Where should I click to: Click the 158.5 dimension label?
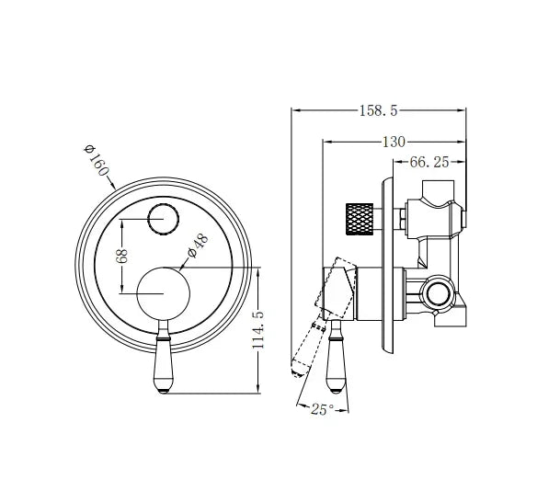[377, 110]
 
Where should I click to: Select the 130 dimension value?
[393, 142]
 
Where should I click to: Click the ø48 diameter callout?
[199, 246]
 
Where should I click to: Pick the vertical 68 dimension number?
[121, 256]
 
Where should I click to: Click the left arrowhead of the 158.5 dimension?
[294, 110]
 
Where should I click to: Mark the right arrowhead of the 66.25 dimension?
[463, 163]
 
